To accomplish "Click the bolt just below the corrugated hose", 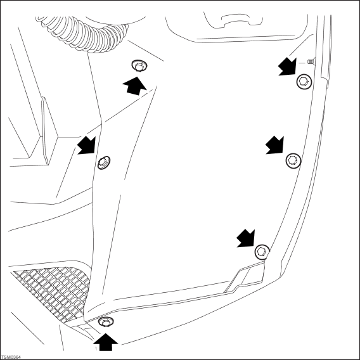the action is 139,66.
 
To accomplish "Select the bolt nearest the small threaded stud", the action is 304,82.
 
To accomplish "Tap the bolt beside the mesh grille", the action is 106,322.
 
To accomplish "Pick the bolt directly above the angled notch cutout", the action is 262,252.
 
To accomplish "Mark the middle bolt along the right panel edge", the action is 293,160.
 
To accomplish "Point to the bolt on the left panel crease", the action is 104,162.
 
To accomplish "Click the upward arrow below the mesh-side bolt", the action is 106,342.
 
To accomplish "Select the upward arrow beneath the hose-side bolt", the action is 134,86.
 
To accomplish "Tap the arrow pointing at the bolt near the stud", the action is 287,67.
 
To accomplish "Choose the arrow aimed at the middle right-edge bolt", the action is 274,145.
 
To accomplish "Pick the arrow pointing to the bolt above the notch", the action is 246,238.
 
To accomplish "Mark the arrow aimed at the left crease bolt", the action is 86,145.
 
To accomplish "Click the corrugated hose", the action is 82,34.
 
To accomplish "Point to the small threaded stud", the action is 311,61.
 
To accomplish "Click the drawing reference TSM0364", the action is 11,357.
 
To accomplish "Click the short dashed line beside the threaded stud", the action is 302,62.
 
